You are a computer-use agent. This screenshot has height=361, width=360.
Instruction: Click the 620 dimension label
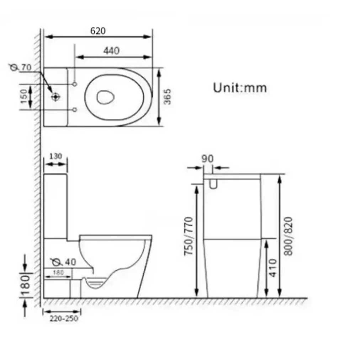pyautogui.click(x=98, y=31)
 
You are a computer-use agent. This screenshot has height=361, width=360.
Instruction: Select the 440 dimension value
pyautogui.click(x=111, y=51)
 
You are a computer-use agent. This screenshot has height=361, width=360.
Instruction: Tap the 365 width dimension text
pyautogui.click(x=167, y=97)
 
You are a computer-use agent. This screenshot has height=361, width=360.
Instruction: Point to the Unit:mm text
pyautogui.click(x=240, y=88)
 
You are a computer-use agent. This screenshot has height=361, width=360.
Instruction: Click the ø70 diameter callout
pyautogui.click(x=20, y=67)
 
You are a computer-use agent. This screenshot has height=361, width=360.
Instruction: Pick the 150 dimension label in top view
pyautogui.click(x=24, y=97)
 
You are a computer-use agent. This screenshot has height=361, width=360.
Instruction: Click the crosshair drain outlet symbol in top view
pyautogui.click(x=55, y=97)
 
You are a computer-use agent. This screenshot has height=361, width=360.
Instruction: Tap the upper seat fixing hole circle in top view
pyautogui.click(x=74, y=85)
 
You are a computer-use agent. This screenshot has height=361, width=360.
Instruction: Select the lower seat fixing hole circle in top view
pyautogui.click(x=74, y=110)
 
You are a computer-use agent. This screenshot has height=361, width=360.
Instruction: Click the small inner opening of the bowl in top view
pyautogui.click(x=105, y=97)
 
